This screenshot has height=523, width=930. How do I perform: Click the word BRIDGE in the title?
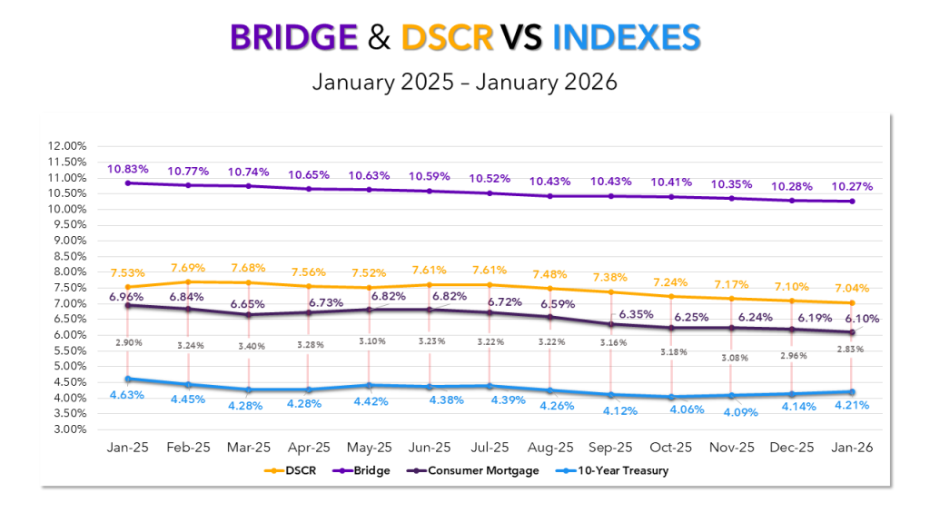(294, 37)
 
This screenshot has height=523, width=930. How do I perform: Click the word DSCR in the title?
(447, 37)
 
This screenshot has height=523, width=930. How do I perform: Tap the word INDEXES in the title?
(627, 37)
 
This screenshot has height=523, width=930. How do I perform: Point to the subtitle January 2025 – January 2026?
(464, 82)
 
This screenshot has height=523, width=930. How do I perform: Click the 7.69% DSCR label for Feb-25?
(187, 268)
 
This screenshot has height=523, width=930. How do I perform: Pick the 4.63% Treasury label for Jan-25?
(128, 395)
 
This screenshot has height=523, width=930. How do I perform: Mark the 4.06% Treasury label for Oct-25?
(671, 410)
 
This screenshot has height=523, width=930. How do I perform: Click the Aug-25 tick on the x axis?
(550, 448)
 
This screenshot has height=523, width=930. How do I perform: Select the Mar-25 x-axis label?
(247, 448)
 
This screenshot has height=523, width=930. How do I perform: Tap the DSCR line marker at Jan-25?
(128, 287)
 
